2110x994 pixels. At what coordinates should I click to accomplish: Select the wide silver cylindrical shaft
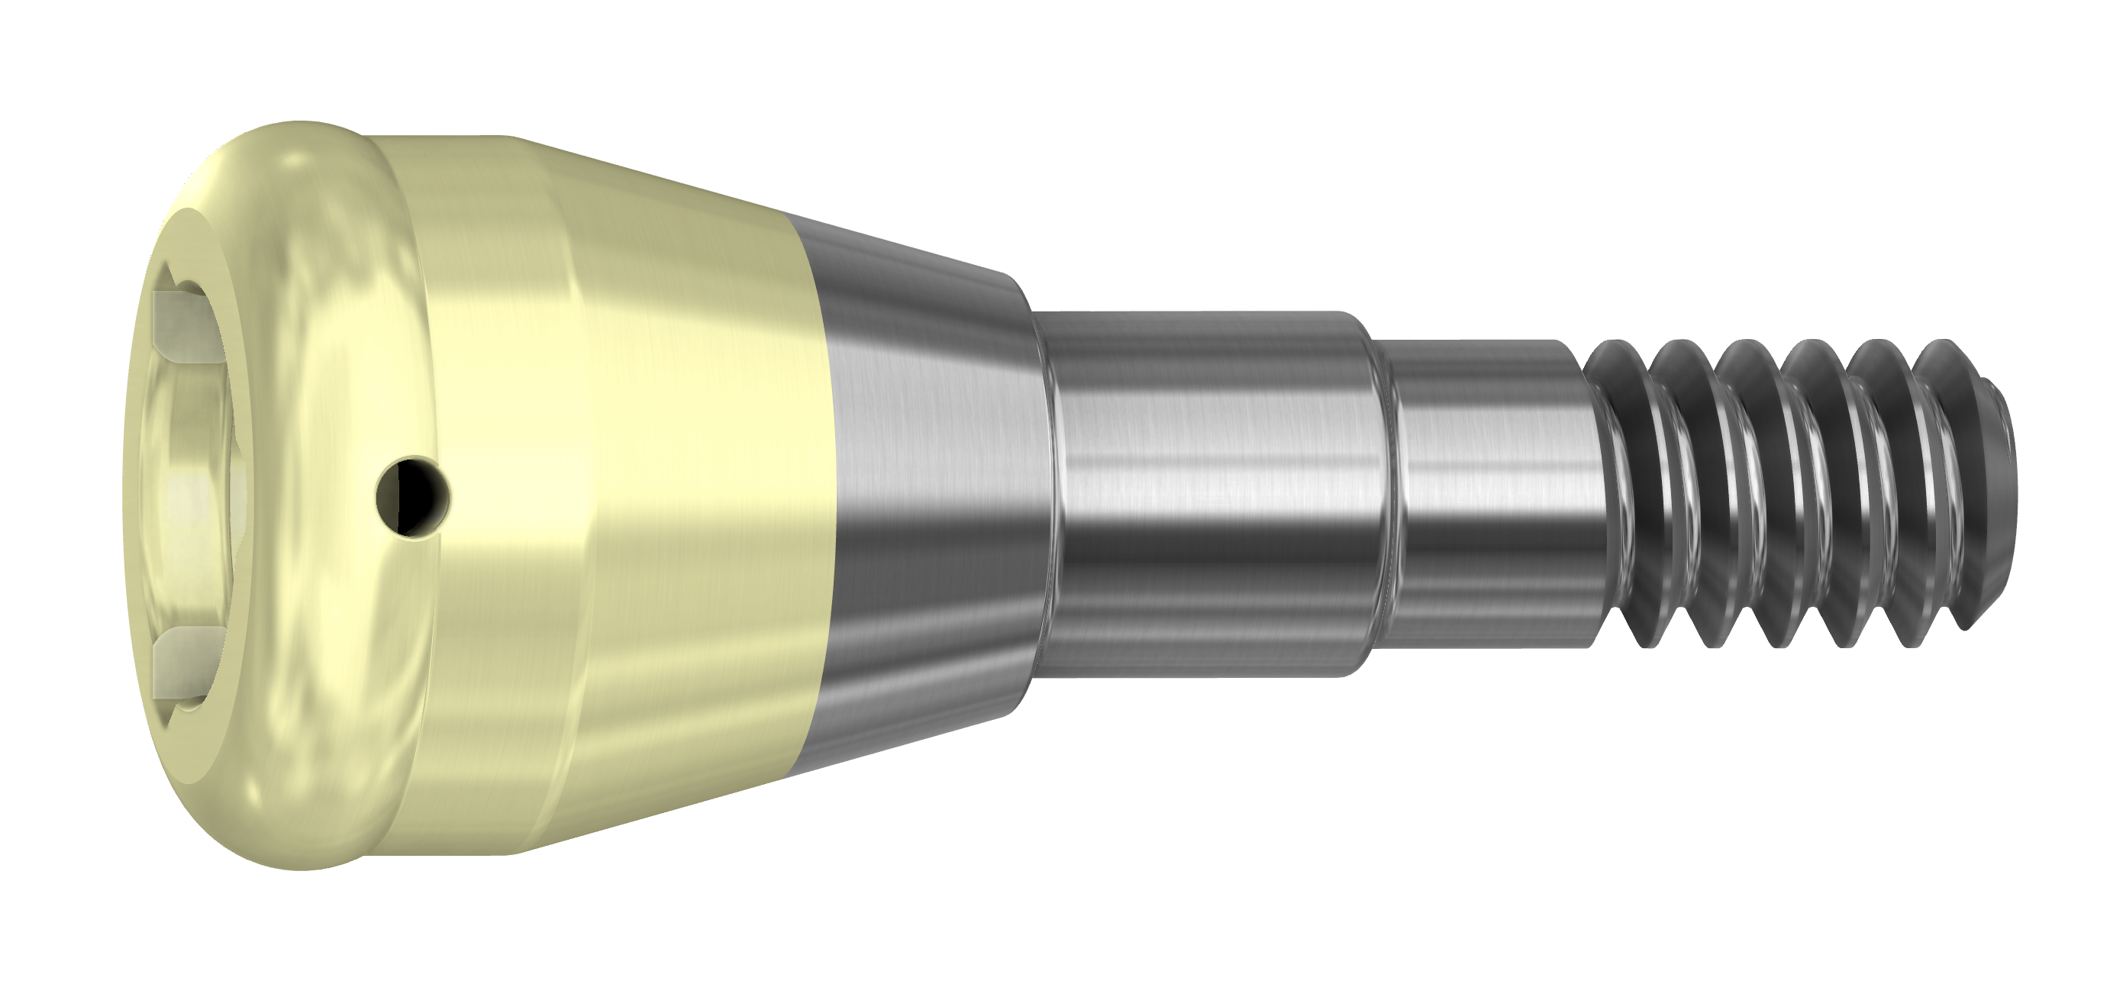point(1212,492)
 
